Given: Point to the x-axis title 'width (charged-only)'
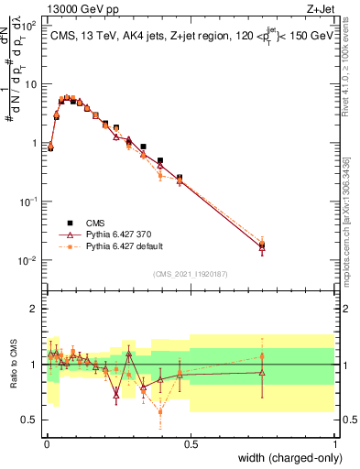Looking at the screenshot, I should pyautogui.click(x=285, y=458).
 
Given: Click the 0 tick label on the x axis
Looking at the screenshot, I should pyautogui.click(x=46, y=443).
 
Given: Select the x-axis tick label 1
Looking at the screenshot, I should pyautogui.click(x=334, y=443).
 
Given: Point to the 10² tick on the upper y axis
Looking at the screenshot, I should pyautogui.click(x=29, y=26).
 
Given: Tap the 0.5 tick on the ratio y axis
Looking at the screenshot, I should pyautogui.click(x=33, y=420).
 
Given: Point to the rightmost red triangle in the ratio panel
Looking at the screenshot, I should pyautogui.click(x=262, y=372).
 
